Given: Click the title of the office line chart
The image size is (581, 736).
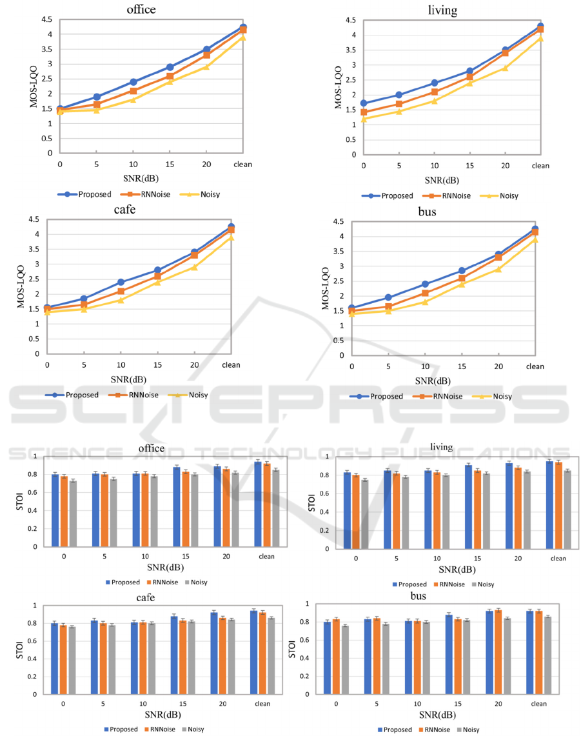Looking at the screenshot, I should [142, 10].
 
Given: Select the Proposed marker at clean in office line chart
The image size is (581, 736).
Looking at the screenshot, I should [243, 28].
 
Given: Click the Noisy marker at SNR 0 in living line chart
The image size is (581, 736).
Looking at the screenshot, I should [364, 119].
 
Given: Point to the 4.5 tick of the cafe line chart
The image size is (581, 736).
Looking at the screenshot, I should [31, 219].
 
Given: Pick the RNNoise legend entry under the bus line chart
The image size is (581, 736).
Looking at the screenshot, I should [449, 396].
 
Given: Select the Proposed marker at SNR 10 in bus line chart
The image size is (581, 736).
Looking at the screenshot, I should [425, 284].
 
